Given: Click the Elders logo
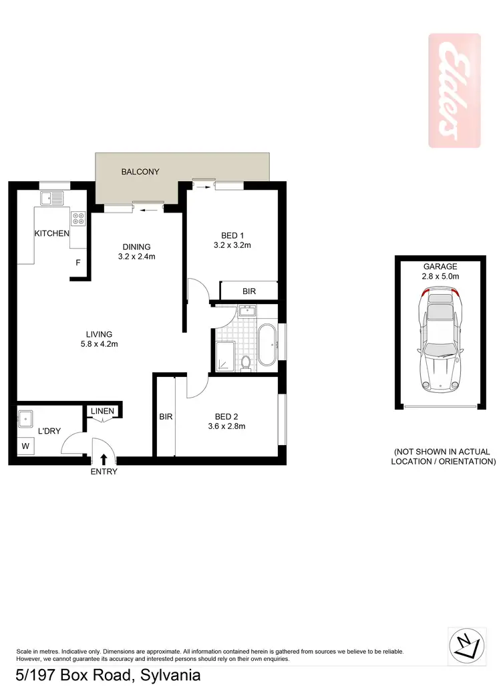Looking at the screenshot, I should coord(454,90).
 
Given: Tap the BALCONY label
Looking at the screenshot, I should coord(140,172).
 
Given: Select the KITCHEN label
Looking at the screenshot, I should coord(52,233).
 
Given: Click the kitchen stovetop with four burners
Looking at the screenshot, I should coord(79,218).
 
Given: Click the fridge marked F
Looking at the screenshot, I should coord(78,263).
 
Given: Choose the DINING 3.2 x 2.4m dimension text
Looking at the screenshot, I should coord(136,256).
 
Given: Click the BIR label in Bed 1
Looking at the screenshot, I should coord(248,291).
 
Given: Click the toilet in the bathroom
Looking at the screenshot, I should coord(246,362).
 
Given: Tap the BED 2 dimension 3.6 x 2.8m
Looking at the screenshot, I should coord(221,426).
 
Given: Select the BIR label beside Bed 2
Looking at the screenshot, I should coord(166,416).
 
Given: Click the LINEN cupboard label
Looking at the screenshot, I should coord(103,411).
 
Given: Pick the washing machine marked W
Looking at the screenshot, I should coord(25,446).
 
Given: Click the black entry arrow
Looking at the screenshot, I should coord(104,459).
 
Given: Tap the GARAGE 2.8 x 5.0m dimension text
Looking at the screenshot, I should coord(439,275).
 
